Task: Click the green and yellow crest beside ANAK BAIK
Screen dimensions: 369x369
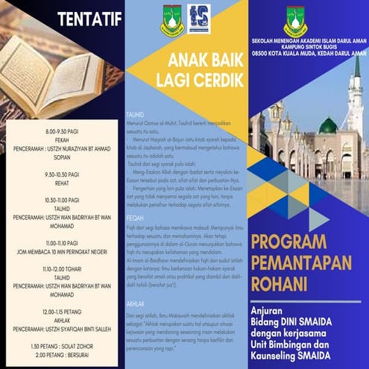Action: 172,20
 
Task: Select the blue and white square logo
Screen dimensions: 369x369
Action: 199,19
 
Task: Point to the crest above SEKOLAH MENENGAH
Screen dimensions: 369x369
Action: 294,21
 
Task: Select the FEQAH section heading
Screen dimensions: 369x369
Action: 135,197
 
